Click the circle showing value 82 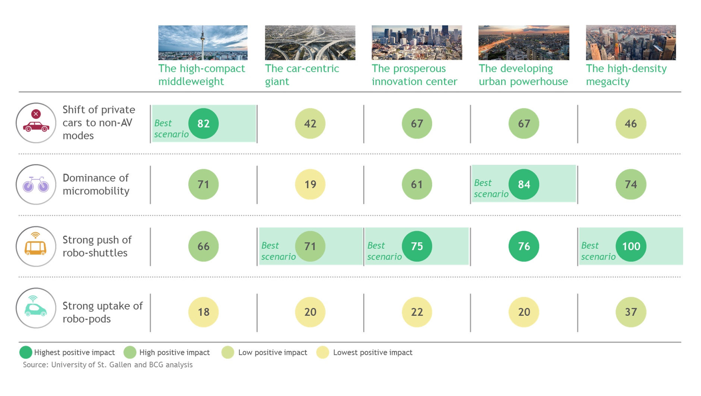coord(203,123)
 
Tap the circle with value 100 coord(631,246)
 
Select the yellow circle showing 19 coord(310,184)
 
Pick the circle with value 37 coord(631,312)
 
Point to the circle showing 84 coord(524,184)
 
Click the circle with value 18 coord(203,312)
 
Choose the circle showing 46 coord(631,123)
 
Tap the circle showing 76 coord(524,246)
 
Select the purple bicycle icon coord(36,184)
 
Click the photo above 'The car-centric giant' coord(310,43)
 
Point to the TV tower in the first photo coord(202,41)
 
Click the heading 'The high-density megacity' coord(626,75)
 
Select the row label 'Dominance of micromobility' coord(96,184)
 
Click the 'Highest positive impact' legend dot coord(26,352)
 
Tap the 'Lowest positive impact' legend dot coord(323,352)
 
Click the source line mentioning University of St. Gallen coord(108,365)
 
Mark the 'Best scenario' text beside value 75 coord(384,251)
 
